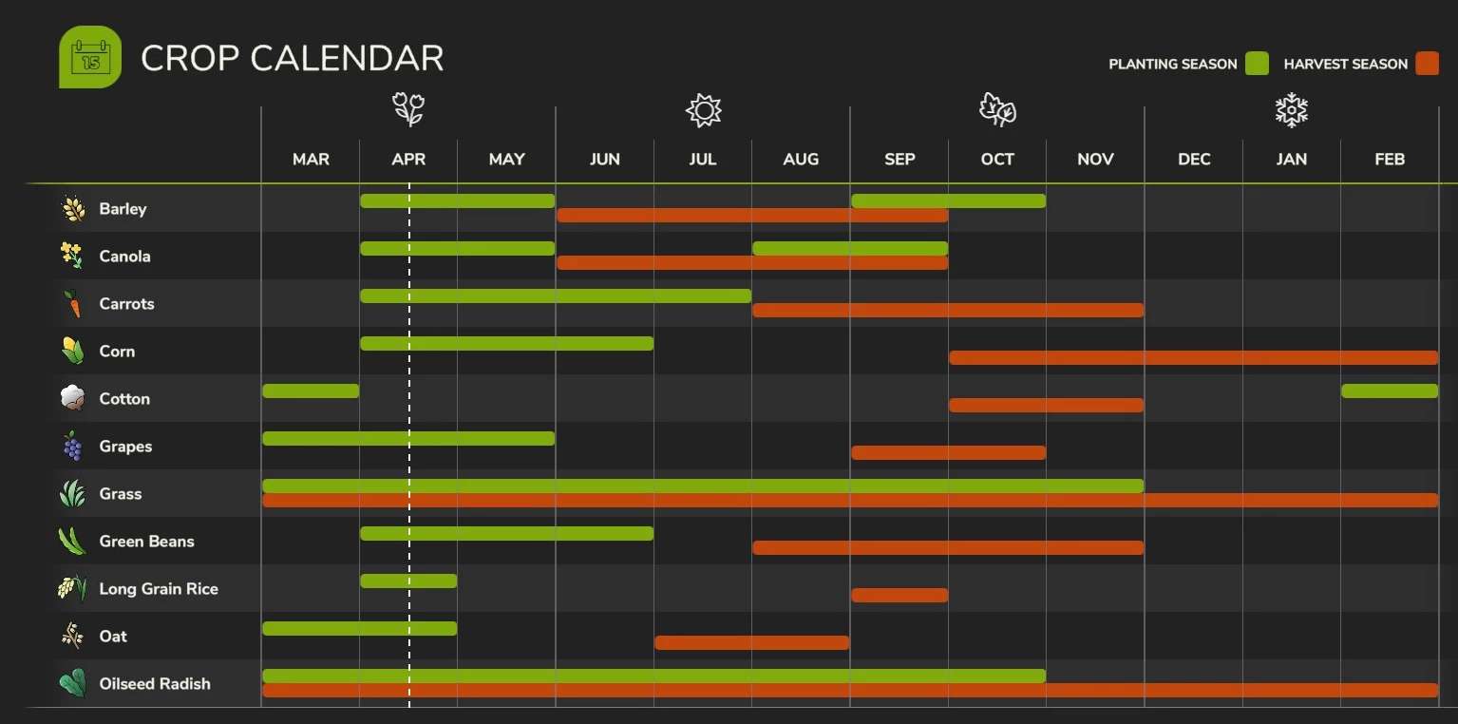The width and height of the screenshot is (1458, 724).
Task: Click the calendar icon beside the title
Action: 90,57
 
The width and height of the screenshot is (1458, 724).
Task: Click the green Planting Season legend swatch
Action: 1257,64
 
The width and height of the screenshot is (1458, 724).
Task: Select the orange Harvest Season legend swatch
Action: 1427,64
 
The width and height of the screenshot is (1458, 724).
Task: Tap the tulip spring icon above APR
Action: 408,110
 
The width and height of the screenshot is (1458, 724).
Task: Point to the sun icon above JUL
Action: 703,110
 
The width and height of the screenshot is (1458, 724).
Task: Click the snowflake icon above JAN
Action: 1291,110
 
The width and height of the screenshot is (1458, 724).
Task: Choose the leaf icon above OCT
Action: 997,110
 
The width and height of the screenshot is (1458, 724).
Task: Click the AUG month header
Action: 801,159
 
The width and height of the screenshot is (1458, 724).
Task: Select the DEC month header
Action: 1194,159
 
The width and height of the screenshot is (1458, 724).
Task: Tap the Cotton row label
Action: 124,399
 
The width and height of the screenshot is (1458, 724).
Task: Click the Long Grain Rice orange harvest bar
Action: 899,596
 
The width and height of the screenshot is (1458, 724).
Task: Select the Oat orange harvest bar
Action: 751,643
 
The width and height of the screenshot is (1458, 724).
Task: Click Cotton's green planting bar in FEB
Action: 1390,391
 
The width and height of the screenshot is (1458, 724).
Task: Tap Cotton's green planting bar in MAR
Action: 311,391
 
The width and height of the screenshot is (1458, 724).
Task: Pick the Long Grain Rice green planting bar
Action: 408,581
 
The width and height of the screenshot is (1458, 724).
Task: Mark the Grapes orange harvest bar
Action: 948,453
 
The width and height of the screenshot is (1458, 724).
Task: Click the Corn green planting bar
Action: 506,343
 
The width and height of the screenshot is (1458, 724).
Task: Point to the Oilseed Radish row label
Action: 155,684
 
